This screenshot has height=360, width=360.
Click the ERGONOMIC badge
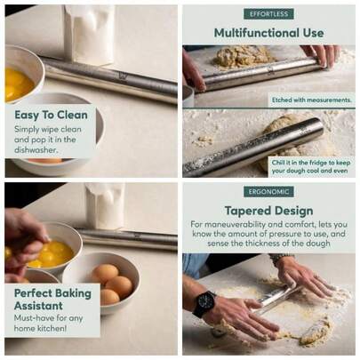tap(268, 191)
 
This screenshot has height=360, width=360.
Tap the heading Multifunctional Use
tap(268, 33)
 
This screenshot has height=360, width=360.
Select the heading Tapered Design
tap(268, 211)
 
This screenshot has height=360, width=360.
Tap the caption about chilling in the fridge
tap(309, 164)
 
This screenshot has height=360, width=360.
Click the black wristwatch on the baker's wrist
tap(204, 303)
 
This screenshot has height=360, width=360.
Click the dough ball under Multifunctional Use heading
tap(244, 55)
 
